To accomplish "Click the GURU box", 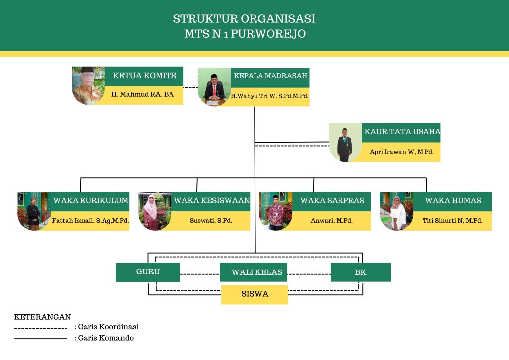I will click(x=148, y=272).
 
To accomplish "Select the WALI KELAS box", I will click(x=254, y=272).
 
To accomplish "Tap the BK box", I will click(x=360, y=272).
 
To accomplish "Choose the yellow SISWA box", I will click(x=254, y=294).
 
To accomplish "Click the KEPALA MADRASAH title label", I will click(x=270, y=76).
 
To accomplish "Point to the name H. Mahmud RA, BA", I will click(x=142, y=94).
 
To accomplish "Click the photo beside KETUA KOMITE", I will click(x=88, y=85).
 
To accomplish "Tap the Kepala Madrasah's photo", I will click(x=214, y=87).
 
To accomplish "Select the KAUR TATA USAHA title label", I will click(x=402, y=132).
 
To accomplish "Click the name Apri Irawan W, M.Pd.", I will click(x=402, y=152).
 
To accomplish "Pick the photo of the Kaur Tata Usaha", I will click(x=345, y=142).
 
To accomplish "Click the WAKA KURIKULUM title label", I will click(x=90, y=201).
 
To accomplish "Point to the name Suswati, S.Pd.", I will click(x=211, y=221).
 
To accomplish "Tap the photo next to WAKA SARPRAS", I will click(x=276, y=211).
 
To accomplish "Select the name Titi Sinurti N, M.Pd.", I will click(x=452, y=221).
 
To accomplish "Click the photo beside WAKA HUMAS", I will click(x=397, y=211).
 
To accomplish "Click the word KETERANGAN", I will click(x=42, y=317).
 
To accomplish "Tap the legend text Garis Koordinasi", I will click(x=108, y=327).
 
